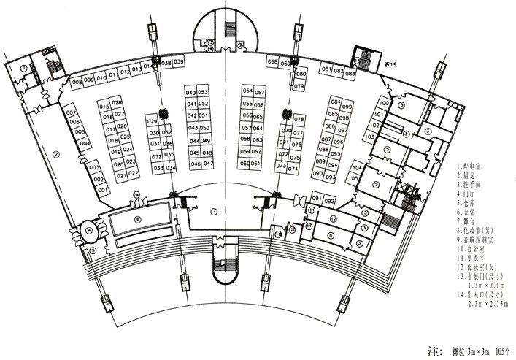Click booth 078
click(x=299, y=118)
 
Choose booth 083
click(x=350, y=74)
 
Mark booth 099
click(x=347, y=107)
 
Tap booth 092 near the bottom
click(x=329, y=200)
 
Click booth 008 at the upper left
click(x=76, y=82)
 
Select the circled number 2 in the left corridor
click(x=56, y=153)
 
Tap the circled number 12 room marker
click(x=333, y=218)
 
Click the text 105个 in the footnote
click(x=504, y=351)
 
